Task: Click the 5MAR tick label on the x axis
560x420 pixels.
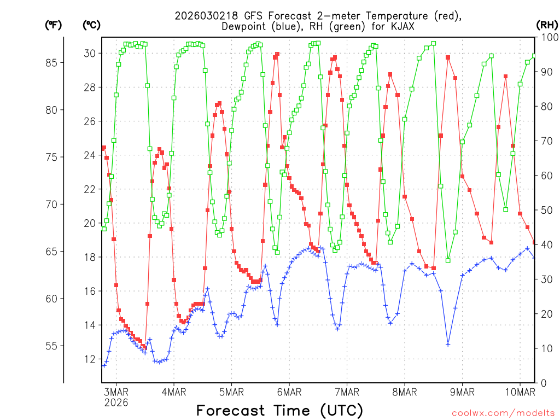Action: click(x=231, y=392)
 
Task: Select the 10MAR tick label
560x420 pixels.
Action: click(x=520, y=392)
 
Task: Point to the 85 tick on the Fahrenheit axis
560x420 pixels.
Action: click(x=52, y=63)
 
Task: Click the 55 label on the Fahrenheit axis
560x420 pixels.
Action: click(x=52, y=346)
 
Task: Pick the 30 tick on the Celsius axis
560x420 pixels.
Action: click(x=90, y=53)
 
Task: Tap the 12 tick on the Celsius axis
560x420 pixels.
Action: click(x=90, y=359)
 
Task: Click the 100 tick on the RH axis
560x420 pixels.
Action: click(x=547, y=37)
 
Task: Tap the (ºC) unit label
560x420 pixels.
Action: click(x=91, y=25)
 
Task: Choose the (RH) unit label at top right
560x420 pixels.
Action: click(x=546, y=25)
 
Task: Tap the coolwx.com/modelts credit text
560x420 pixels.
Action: click(x=503, y=413)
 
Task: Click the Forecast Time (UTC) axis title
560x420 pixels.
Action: click(x=279, y=410)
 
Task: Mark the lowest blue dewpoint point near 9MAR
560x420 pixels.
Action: click(x=448, y=345)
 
